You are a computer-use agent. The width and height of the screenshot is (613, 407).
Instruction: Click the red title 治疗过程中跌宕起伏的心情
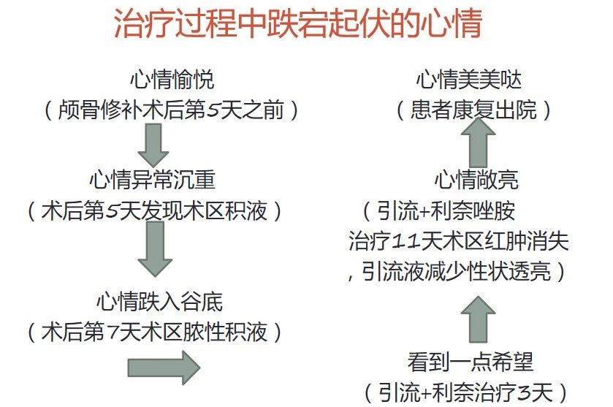pos(298,24)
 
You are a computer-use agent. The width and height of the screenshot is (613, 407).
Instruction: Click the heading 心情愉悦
pos(172,80)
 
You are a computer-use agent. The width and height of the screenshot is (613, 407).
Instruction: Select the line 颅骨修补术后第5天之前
pos(171,110)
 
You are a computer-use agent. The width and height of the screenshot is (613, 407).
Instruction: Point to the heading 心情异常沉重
pos(153,180)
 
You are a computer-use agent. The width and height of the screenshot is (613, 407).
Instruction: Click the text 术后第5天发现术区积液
pos(154,210)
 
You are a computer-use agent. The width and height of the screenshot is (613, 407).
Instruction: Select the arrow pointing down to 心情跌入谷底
pos(155,249)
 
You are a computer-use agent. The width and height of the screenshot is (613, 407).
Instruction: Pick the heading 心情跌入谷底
pos(159,302)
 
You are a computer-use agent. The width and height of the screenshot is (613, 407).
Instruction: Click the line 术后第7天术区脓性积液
pos(154,332)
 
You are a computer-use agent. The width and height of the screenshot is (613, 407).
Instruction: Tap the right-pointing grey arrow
pos(164,368)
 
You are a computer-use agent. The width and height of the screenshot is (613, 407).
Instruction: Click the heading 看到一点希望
pos(471,362)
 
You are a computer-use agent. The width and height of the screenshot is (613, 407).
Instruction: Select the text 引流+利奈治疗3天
pos(465,392)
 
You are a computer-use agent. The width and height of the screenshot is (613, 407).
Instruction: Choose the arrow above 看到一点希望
pos(478,319)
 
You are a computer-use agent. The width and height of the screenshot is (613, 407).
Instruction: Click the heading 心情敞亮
pos(476,180)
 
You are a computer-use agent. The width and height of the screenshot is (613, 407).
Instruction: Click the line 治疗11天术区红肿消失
pos(459,241)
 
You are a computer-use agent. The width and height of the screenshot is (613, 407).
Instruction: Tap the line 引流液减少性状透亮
pos(456,271)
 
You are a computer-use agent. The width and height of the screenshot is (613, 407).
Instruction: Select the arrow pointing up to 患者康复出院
pos(478,142)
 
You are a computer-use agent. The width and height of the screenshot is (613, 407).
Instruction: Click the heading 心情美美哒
pos(469,80)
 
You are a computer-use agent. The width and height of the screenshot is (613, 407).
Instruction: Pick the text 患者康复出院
pos(474,110)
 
